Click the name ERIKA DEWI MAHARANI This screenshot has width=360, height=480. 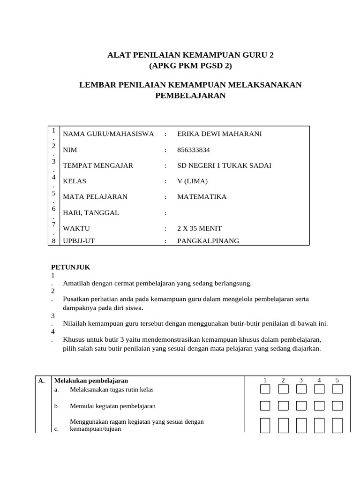(219, 134)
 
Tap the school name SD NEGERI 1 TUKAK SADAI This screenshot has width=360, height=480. (224, 165)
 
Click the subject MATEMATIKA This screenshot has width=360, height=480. (202, 197)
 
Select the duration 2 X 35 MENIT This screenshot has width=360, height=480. (199, 229)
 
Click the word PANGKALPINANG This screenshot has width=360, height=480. (208, 241)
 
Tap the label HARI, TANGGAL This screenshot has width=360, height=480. (91, 213)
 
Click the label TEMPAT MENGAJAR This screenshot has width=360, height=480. (98, 165)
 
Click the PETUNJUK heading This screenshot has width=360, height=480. (70, 267)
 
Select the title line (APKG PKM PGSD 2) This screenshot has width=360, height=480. (190, 66)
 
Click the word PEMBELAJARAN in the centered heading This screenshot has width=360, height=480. (190, 96)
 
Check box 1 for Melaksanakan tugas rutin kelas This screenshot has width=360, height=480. (265, 389)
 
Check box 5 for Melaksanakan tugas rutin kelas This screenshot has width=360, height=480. (337, 389)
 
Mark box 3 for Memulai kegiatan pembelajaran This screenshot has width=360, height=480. (301, 405)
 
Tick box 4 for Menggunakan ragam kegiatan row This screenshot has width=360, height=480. (319, 425)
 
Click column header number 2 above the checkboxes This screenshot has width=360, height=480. (283, 380)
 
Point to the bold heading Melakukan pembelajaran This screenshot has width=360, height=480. (91, 381)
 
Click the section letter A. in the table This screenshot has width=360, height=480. (41, 381)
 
